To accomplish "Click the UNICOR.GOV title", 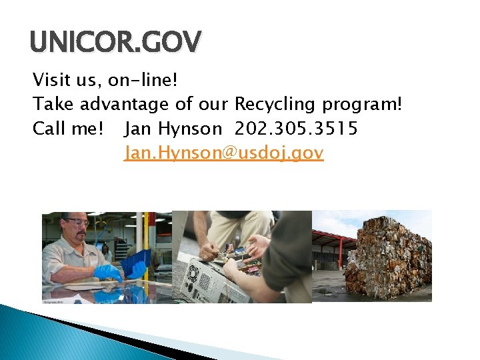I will tap(115, 43).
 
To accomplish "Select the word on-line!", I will tap(143, 81).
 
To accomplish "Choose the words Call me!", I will tap(66, 128).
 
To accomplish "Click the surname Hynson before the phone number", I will tap(191, 128).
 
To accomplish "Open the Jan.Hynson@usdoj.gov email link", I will tap(224, 153).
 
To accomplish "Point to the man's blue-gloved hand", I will tap(107, 271).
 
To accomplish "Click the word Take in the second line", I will tap(53, 105).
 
